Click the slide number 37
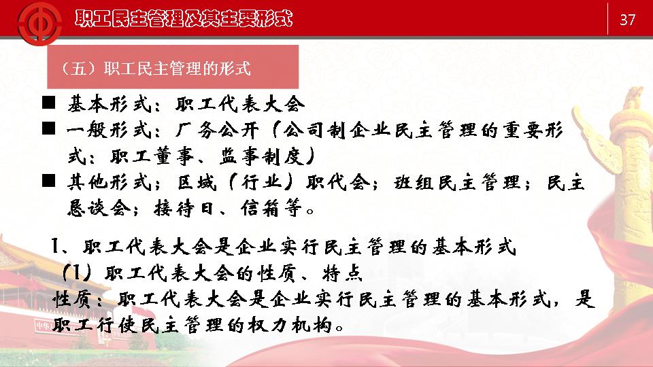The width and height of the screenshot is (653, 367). coord(627,20)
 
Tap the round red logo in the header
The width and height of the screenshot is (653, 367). coord(39,23)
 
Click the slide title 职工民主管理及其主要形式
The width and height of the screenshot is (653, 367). coord(184,18)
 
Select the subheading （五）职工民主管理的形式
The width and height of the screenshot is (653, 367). coord(156,68)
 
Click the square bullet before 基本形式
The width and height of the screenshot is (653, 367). coord(49,103)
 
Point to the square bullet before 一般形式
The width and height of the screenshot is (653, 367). coord(49,128)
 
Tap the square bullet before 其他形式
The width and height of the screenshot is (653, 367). coord(49,181)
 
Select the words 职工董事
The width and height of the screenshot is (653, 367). coord(152,156)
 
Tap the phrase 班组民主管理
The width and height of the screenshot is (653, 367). coord(457,183)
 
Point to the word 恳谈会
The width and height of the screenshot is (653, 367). coord(99,208)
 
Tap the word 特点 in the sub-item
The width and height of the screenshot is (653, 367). coord(342,273)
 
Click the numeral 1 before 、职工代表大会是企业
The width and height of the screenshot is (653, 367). coord(55,246)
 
